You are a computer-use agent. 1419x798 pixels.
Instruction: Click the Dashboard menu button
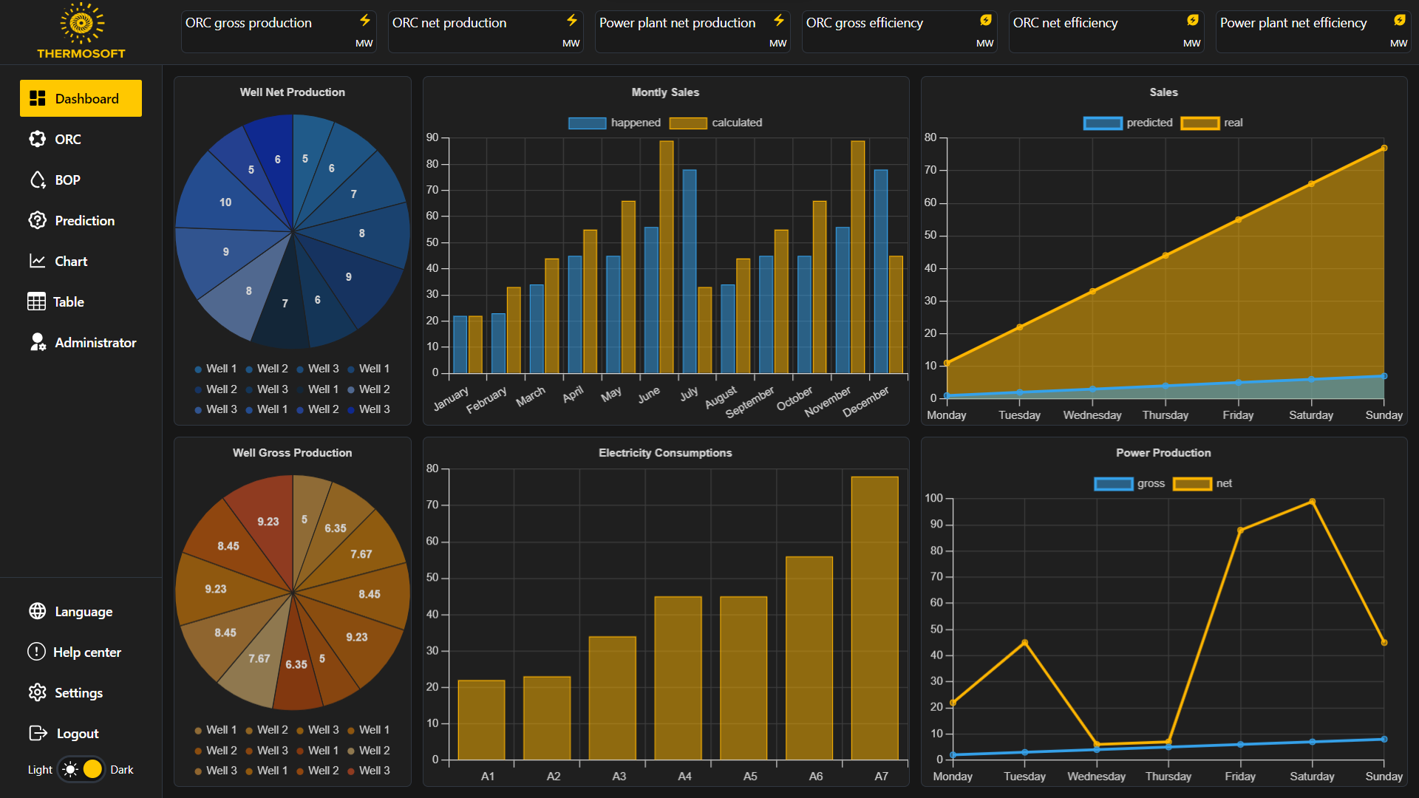pyautogui.click(x=81, y=98)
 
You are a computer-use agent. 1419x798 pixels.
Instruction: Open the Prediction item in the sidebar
pyautogui.click(x=72, y=220)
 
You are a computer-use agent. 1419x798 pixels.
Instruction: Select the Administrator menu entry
pyautogui.click(x=82, y=342)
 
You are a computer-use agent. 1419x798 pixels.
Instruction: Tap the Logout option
pyautogui.click(x=64, y=733)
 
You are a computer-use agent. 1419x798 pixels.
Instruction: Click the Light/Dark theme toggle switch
pyautogui.click(x=81, y=769)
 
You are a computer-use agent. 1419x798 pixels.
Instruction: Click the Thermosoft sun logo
pyautogui.click(x=81, y=23)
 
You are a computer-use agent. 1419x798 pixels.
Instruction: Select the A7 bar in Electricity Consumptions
pyautogui.click(x=874, y=618)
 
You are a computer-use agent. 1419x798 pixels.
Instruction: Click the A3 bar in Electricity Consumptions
pyautogui.click(x=612, y=698)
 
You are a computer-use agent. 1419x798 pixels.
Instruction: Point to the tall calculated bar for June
pyautogui.click(x=666, y=256)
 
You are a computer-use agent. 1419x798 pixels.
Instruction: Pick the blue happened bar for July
pyautogui.click(x=689, y=271)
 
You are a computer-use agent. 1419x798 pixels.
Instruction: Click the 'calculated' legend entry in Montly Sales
pyautogui.click(x=715, y=123)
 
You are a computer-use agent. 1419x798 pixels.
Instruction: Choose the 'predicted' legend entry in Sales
pyautogui.click(x=1128, y=123)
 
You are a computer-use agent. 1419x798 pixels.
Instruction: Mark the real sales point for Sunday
pyautogui.click(x=1384, y=148)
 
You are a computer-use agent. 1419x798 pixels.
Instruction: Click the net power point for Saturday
pyautogui.click(x=1312, y=502)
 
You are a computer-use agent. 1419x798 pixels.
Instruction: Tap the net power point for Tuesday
pyautogui.click(x=1024, y=642)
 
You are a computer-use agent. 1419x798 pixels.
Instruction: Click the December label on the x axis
pyautogui.click(x=865, y=402)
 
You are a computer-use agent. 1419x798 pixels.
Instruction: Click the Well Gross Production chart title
pyautogui.click(x=293, y=453)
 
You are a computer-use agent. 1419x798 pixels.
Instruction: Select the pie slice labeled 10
pyautogui.click(x=225, y=202)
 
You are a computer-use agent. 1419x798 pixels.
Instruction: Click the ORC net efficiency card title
pyautogui.click(x=1065, y=23)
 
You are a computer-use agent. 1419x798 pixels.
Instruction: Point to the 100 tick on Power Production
pyautogui.click(x=933, y=498)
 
